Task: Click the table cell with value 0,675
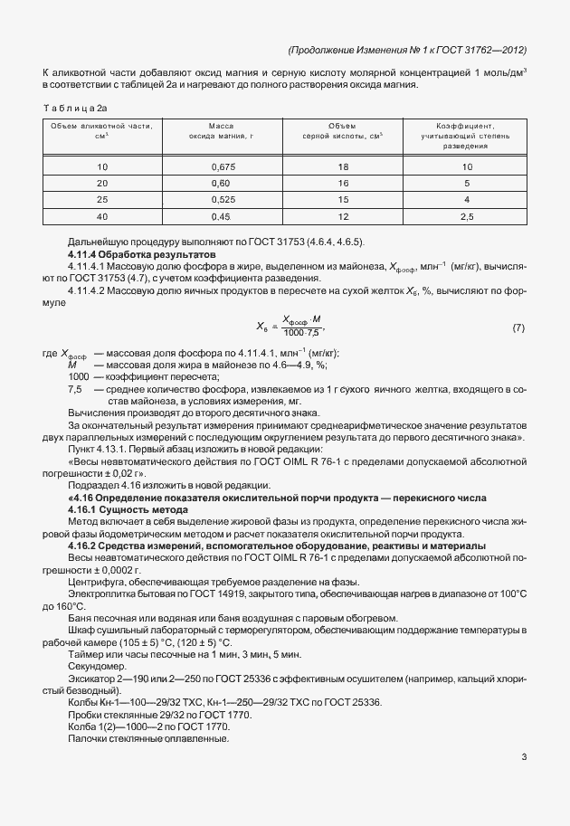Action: pos(223,167)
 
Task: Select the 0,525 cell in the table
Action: pos(223,199)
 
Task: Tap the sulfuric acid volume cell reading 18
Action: pos(343,167)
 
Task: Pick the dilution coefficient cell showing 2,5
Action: pos(466,215)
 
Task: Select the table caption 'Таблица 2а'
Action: pos(75,107)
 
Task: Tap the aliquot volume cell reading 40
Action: pos(102,215)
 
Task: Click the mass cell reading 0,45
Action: pos(223,215)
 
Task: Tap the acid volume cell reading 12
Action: pos(343,215)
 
